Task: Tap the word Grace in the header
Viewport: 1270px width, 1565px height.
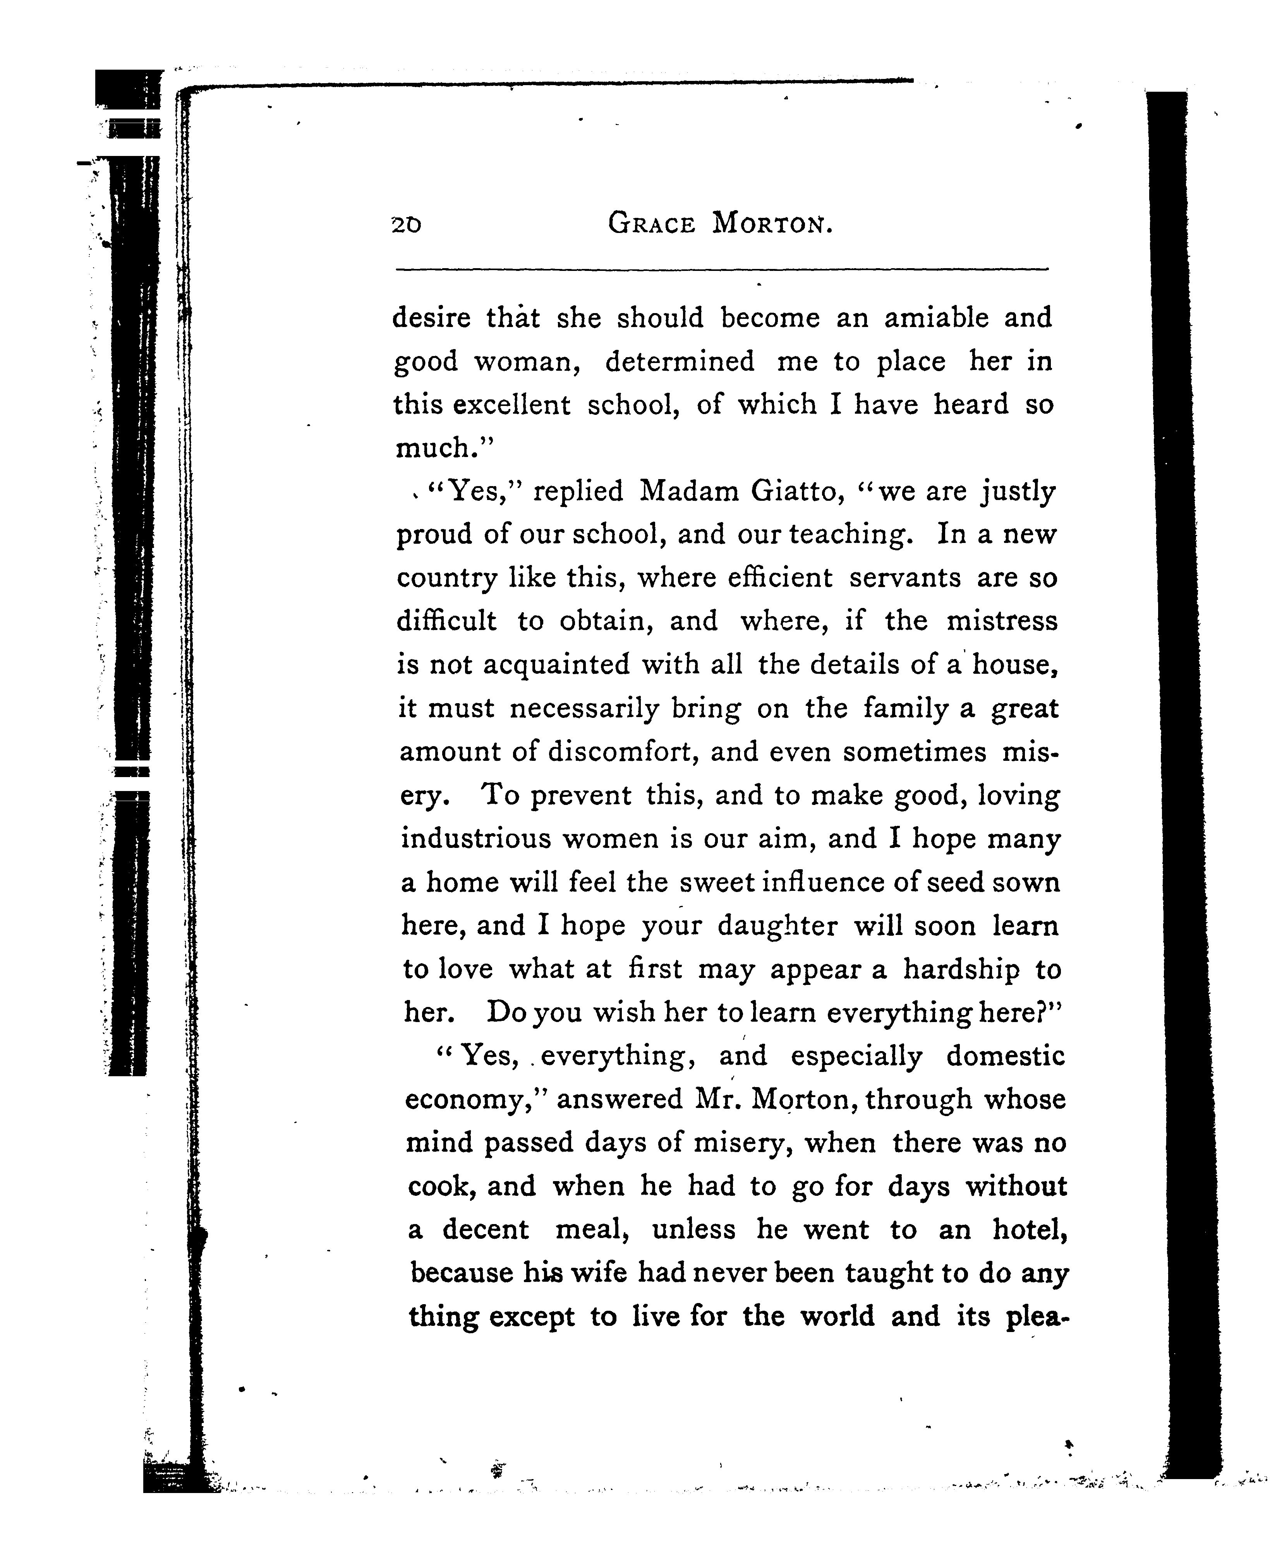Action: [651, 223]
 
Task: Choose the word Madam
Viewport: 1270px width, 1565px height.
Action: [689, 491]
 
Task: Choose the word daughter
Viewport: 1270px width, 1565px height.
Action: [777, 926]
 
